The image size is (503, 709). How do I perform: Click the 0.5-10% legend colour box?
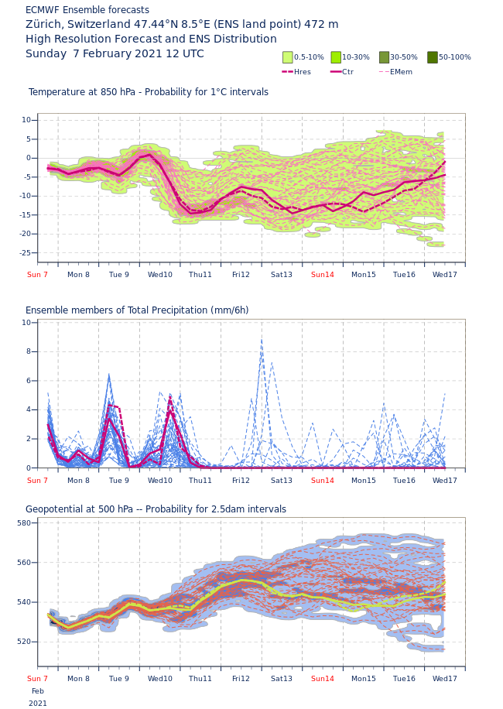pyautogui.click(x=288, y=57)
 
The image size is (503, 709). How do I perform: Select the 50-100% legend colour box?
pyautogui.click(x=433, y=57)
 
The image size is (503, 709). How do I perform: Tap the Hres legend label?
pyautogui.click(x=303, y=72)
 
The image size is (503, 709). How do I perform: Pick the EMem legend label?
pyautogui.click(x=401, y=72)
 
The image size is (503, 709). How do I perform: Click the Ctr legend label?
pyautogui.click(x=347, y=72)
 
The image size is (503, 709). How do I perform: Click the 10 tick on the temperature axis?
pyautogui.click(x=26, y=120)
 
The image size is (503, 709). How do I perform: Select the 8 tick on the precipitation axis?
pyautogui.click(x=28, y=351)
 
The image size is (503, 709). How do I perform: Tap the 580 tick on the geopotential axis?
pyautogui.click(x=24, y=523)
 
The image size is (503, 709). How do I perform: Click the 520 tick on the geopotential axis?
pyautogui.click(x=24, y=642)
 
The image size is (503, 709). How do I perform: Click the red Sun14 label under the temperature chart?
pyautogui.click(x=322, y=275)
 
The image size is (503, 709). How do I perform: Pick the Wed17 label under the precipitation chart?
pyautogui.click(x=444, y=481)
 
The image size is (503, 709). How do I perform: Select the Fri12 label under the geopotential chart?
pyautogui.click(x=241, y=679)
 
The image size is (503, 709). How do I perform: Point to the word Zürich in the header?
pyautogui.click(x=44, y=25)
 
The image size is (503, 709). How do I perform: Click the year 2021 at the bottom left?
pyautogui.click(x=38, y=704)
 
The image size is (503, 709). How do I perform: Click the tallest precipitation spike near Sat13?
pyautogui.click(x=262, y=338)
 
